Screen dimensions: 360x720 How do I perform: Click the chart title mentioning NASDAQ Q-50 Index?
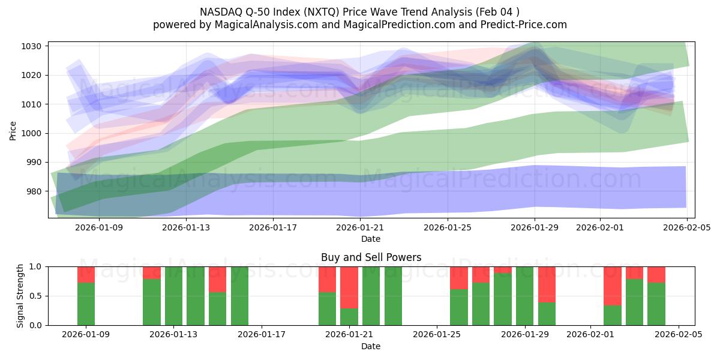click(359, 11)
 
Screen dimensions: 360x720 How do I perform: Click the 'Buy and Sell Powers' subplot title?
click(371, 257)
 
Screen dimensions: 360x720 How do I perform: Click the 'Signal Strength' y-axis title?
click(20, 296)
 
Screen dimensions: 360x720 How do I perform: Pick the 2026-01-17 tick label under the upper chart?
click(273, 227)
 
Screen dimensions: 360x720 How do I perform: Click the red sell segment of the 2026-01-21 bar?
click(349, 287)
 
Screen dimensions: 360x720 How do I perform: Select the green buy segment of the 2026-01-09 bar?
click(86, 304)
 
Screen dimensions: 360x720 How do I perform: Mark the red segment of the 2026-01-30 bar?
click(547, 284)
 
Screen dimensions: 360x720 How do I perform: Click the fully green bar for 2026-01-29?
click(525, 296)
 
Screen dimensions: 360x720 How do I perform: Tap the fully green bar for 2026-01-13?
click(174, 296)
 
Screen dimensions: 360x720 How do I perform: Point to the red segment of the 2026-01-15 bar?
click(217, 279)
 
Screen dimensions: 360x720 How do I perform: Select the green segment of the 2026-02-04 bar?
click(656, 304)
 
